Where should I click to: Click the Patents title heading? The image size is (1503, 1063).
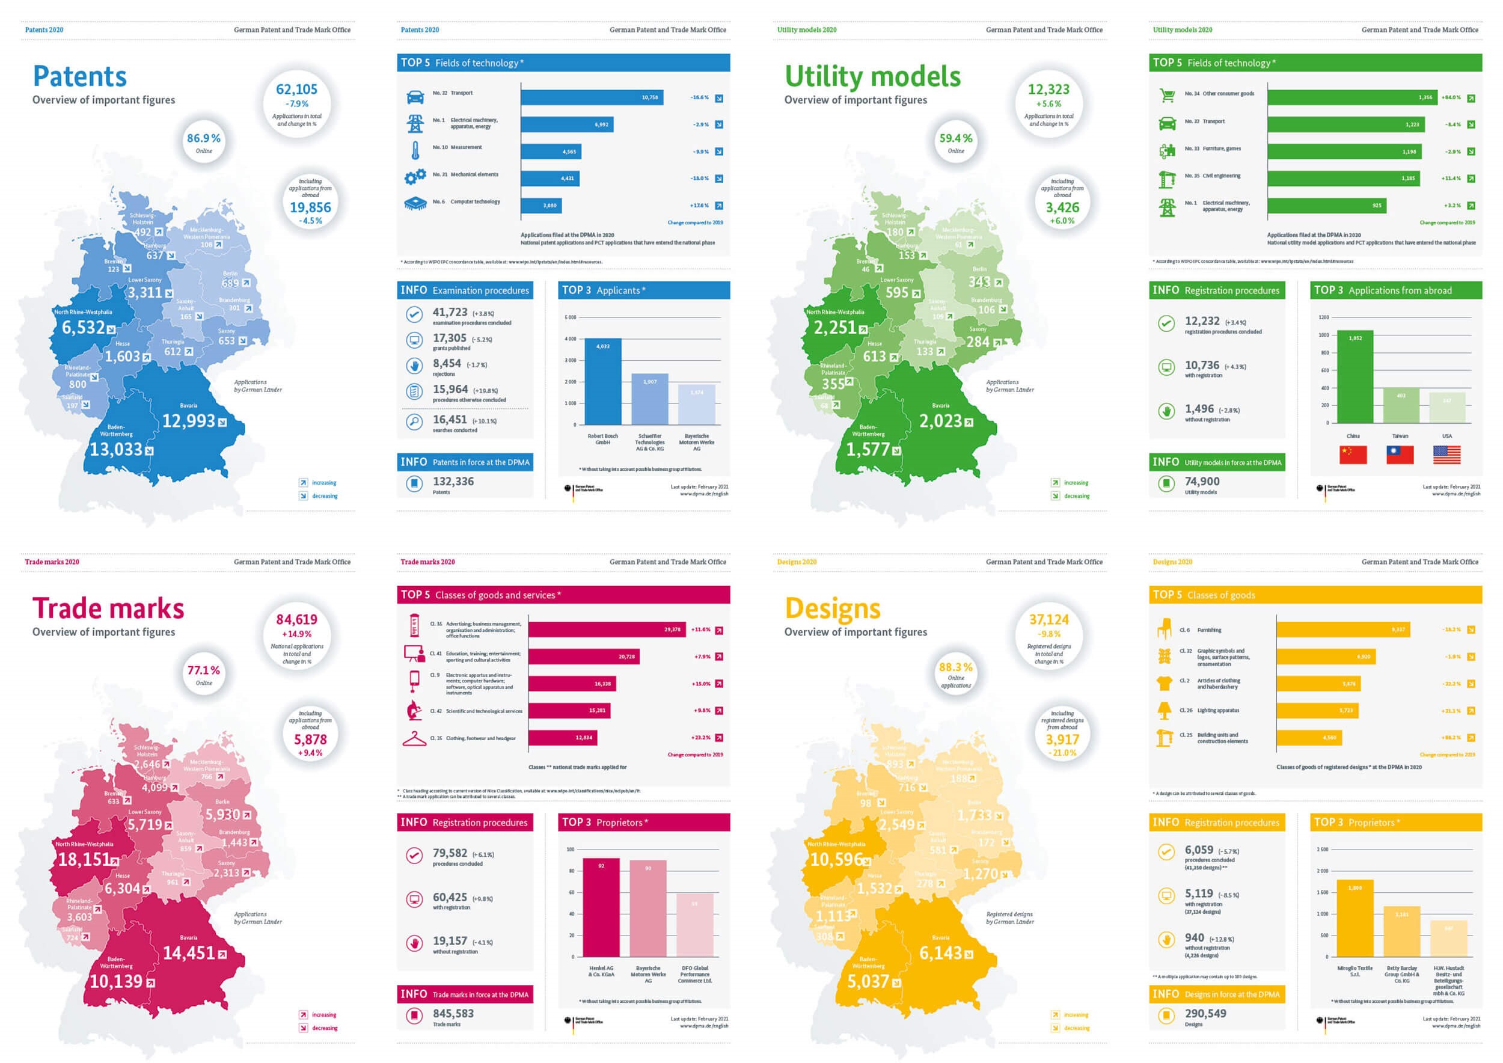click(x=80, y=76)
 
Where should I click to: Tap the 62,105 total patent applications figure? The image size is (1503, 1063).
click(x=296, y=90)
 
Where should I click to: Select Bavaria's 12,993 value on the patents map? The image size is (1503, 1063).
click(x=189, y=421)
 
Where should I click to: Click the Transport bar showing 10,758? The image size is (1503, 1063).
click(x=592, y=97)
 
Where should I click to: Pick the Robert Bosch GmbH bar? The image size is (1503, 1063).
click(x=602, y=382)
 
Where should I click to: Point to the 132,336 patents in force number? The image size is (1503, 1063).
click(x=453, y=481)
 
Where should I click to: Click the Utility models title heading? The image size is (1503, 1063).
click(x=872, y=76)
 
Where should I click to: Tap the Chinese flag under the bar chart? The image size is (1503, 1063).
click(x=1353, y=455)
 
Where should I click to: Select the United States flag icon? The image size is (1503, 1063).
click(x=1446, y=455)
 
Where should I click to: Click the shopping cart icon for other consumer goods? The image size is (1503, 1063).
click(x=1166, y=96)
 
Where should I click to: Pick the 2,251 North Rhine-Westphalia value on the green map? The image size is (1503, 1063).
click(x=834, y=327)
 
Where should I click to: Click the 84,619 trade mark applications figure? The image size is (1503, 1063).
click(x=296, y=619)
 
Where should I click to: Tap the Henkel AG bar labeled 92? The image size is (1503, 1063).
click(x=601, y=907)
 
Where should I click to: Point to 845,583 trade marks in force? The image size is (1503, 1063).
click(x=453, y=1013)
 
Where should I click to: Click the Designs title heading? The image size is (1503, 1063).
click(x=832, y=608)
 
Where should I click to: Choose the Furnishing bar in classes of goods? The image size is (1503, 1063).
click(x=1342, y=630)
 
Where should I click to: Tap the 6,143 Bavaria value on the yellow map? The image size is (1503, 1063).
click(x=941, y=953)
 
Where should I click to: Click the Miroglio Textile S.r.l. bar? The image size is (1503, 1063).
click(x=1355, y=918)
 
